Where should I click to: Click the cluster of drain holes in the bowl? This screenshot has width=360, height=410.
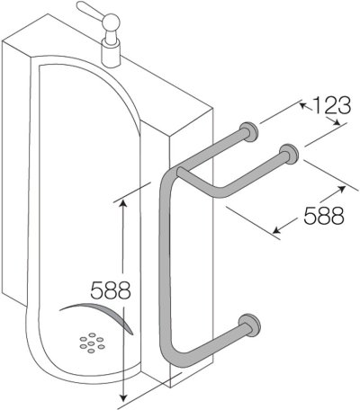coord(90,343)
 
